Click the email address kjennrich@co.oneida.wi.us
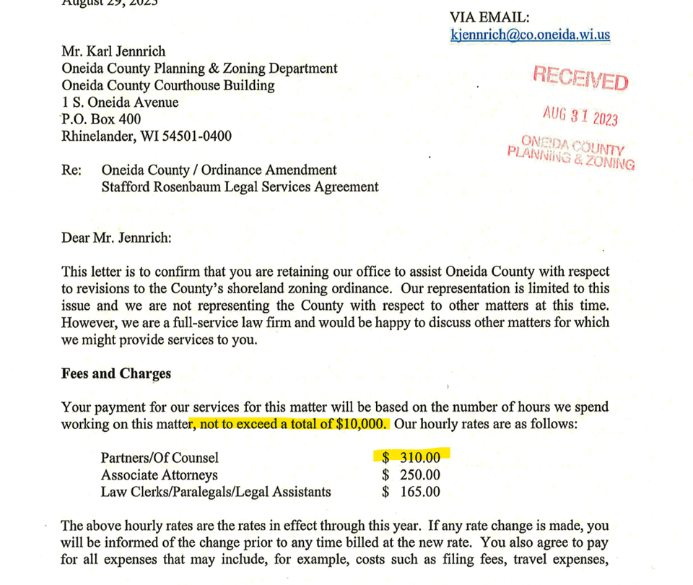[x=530, y=35]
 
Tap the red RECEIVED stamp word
[x=580, y=77]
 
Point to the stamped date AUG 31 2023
[x=580, y=116]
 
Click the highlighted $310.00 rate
[x=411, y=457]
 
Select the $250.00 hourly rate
[x=411, y=474]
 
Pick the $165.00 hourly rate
[x=411, y=492]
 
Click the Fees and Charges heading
[x=116, y=373]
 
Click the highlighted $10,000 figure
[x=359, y=424]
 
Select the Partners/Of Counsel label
[x=160, y=457]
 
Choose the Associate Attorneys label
[x=159, y=474]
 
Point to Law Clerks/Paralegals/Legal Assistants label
[x=216, y=492]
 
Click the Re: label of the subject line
[x=71, y=170]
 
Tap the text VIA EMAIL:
[x=489, y=17]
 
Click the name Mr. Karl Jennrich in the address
[x=113, y=51]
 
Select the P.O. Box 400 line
[x=102, y=119]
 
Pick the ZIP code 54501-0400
[x=196, y=136]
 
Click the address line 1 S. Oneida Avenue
[x=121, y=103]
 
